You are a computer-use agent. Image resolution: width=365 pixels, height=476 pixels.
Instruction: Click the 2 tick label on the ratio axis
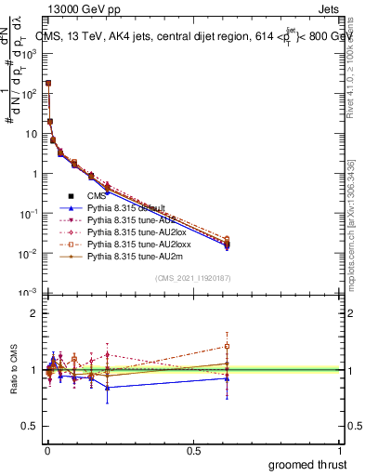point(34,313)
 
